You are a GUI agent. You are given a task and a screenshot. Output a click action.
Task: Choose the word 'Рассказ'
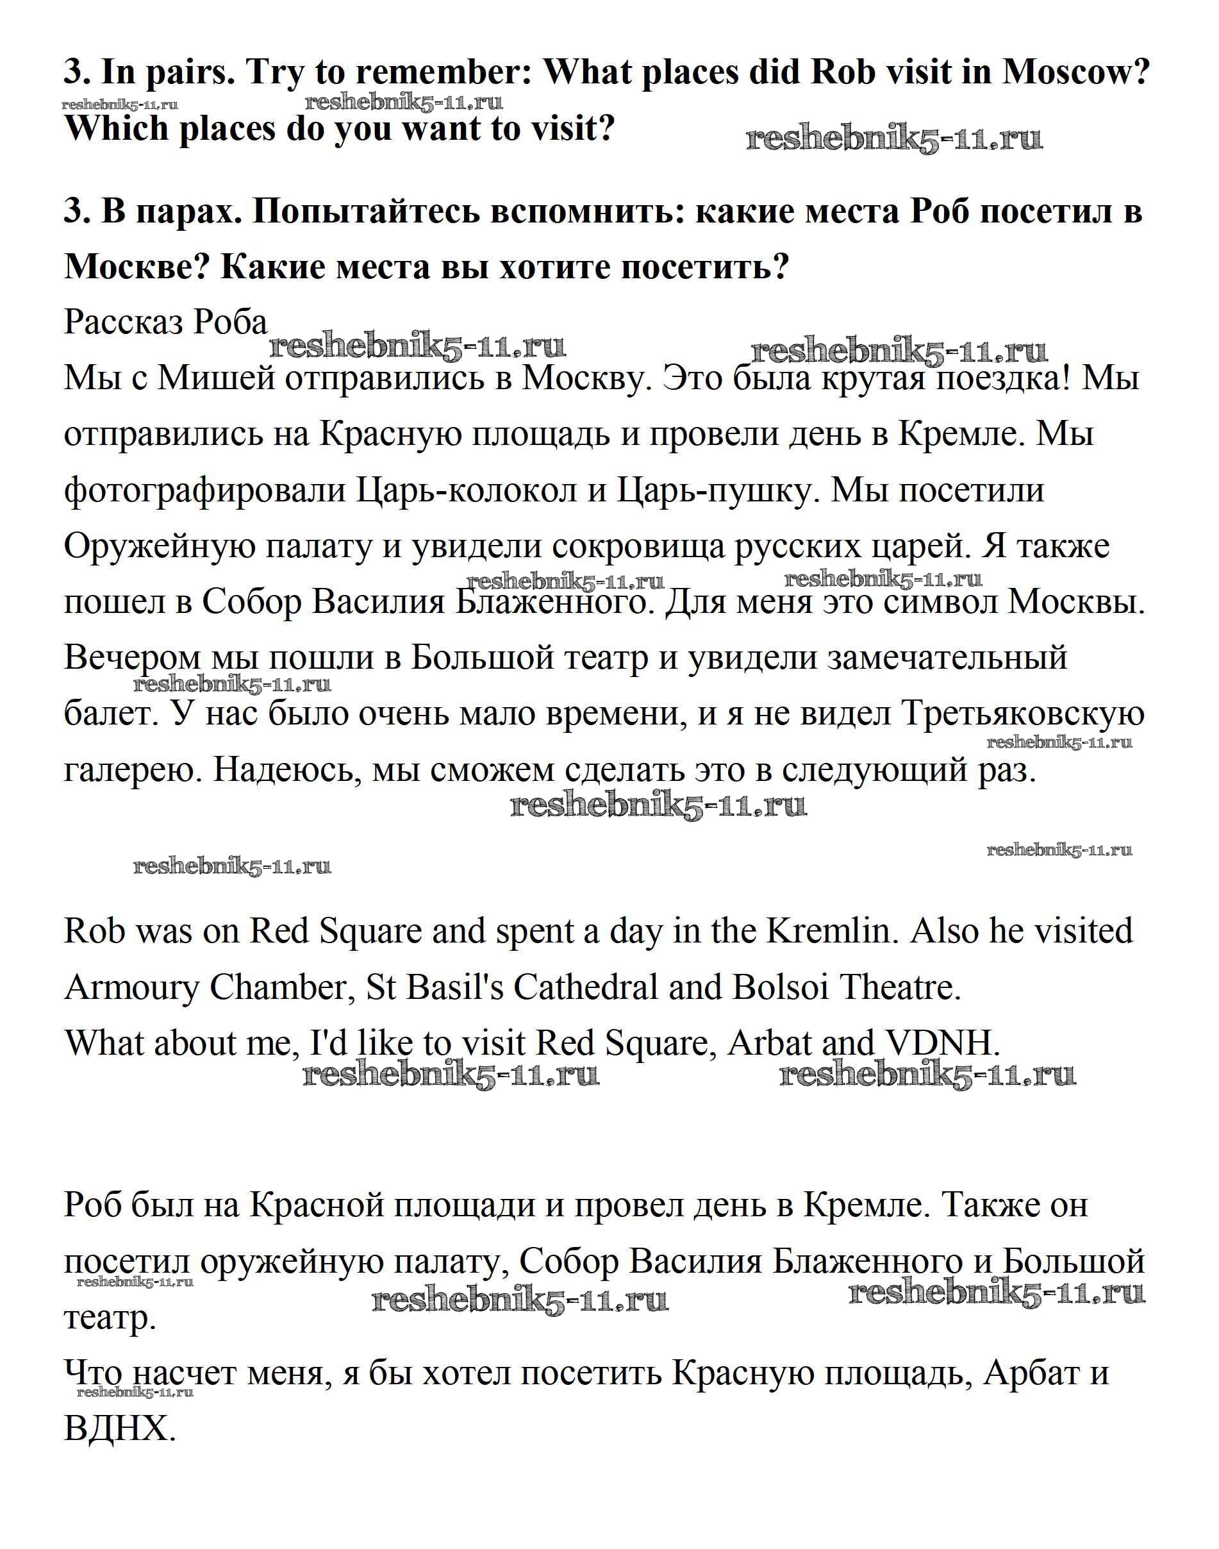[x=124, y=322]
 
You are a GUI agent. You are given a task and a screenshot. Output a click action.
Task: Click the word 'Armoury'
[x=131, y=987]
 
